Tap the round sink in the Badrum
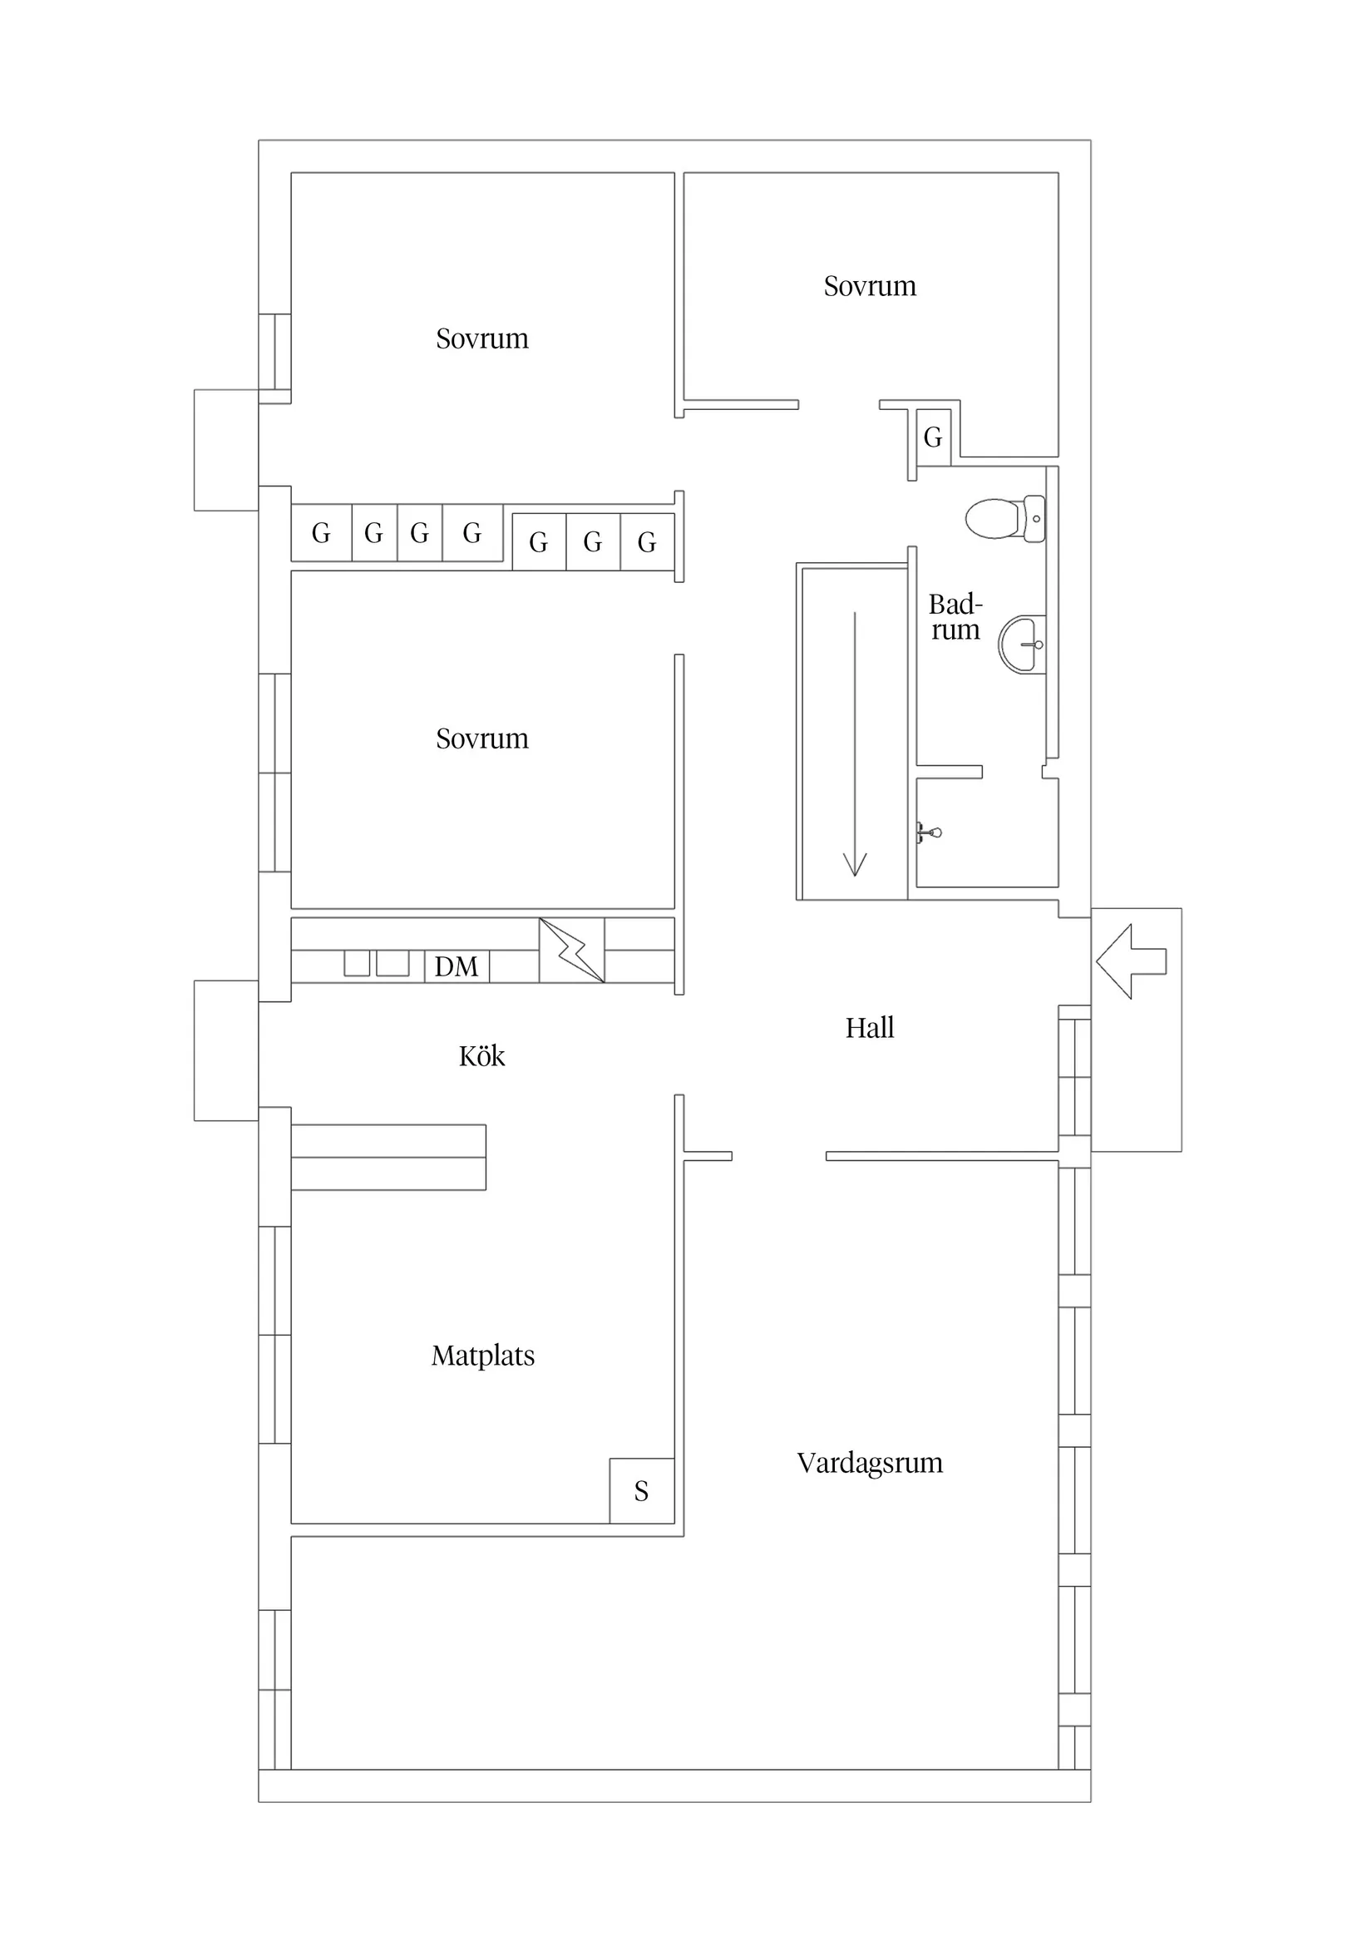coord(1023,645)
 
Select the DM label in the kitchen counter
coord(456,966)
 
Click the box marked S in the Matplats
coord(642,1491)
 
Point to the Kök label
coord(481,1056)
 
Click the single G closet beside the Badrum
coord(933,437)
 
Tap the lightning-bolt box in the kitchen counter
coord(571,951)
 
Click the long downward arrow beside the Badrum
coord(855,744)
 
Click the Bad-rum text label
coord(955,616)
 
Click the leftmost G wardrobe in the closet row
coord(321,532)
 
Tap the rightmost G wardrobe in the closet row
coord(647,542)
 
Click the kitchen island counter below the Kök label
coord(388,1157)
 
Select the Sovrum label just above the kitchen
coord(481,738)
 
